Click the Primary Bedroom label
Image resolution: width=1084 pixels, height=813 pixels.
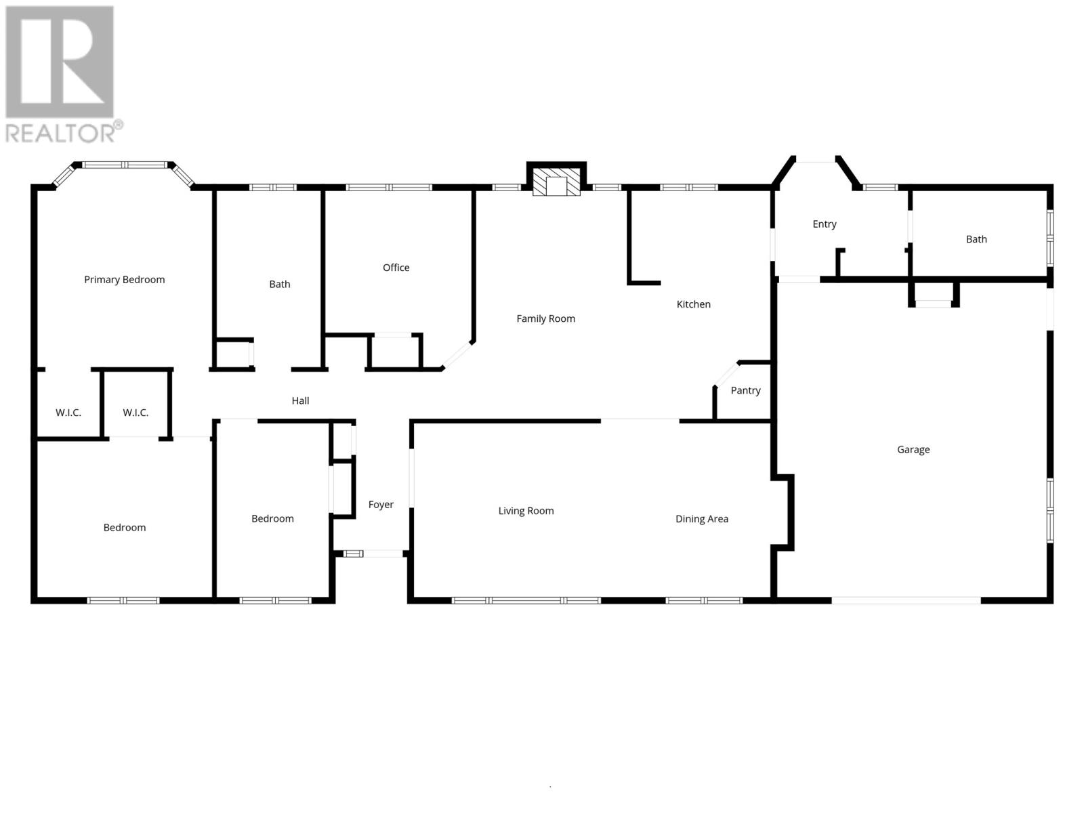coord(124,279)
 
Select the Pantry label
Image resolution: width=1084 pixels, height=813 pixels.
coord(745,390)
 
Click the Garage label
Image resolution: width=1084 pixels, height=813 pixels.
coord(913,449)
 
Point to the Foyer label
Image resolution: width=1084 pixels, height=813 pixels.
coord(381,504)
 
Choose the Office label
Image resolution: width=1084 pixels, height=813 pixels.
coord(396,267)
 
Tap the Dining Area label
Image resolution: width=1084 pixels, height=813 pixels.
coord(701,519)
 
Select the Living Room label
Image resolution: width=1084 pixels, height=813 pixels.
coord(526,511)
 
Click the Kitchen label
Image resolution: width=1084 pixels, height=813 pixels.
coord(693,304)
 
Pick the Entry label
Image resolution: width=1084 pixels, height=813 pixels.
coord(824,224)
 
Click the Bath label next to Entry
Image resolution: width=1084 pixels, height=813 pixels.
coord(976,239)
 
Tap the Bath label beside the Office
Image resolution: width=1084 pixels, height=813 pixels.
coord(279,284)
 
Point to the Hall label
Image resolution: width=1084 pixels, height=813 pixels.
coord(300,400)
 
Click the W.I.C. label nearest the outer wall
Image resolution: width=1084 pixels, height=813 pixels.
coord(68,413)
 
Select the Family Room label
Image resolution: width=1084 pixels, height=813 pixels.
coord(545,318)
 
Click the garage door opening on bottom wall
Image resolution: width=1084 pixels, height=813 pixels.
coord(906,600)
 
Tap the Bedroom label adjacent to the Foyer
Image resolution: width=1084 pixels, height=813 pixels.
coord(272,518)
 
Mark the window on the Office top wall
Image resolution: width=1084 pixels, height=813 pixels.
coord(389,187)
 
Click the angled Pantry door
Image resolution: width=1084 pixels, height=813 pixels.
coord(726,374)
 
